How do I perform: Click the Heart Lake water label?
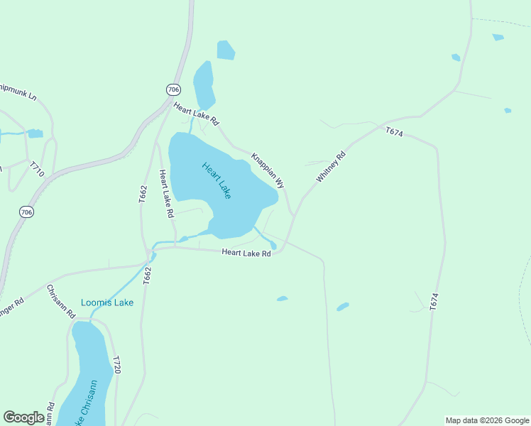[x=217, y=180]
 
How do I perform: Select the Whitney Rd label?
[x=330, y=167]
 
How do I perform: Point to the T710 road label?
[x=37, y=169]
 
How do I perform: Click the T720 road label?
[x=117, y=365]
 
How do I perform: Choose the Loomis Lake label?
[x=106, y=302]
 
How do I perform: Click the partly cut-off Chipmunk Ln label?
[x=17, y=90]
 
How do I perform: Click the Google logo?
[x=23, y=417]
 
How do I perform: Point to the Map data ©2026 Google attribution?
[x=487, y=420]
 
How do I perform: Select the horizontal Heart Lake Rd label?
[x=246, y=253]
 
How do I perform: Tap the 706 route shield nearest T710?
[x=26, y=212]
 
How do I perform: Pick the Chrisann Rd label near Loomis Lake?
[x=61, y=301]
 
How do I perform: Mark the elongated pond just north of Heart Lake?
[x=204, y=84]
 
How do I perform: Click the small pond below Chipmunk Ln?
[x=35, y=133]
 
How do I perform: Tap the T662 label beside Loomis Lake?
[x=148, y=275]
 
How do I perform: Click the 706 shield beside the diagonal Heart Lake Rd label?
[x=174, y=89]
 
